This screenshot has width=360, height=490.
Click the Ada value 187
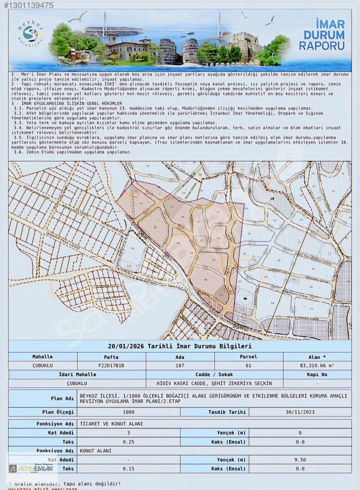pos(180,365)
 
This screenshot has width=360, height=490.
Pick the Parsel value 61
pos(249,365)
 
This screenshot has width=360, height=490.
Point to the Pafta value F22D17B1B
pos(111,365)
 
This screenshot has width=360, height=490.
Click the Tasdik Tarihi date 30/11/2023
pos(300,412)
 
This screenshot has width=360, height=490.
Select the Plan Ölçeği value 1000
pos(129,412)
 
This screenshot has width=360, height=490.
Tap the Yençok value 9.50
pos(300,460)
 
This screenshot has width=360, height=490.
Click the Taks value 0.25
pos(129,442)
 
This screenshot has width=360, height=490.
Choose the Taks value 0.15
pos(129,469)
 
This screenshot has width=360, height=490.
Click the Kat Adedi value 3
pos(129,433)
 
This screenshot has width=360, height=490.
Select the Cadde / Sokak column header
pos(214,374)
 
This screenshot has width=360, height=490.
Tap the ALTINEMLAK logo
pos(32,468)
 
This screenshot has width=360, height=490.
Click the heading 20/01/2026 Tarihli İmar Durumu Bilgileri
pos(180,346)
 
